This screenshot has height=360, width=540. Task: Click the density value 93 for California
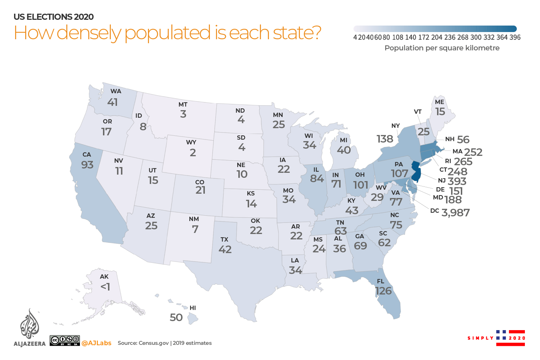(87, 165)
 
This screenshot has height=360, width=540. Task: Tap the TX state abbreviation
(224, 239)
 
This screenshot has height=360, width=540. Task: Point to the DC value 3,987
(455, 213)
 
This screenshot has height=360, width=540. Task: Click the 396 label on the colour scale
(515, 37)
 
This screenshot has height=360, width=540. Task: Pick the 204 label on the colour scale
(437, 37)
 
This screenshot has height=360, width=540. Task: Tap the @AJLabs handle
(96, 343)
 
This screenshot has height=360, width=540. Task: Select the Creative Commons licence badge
(65, 340)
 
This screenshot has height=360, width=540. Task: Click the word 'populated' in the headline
(167, 33)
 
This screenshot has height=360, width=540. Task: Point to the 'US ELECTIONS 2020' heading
(54, 17)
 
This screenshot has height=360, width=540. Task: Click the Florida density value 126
(383, 291)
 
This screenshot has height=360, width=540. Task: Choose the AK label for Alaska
(104, 276)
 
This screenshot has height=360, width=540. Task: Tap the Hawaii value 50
(176, 318)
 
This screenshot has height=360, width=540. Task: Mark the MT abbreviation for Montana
(183, 104)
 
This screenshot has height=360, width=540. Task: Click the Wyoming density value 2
(193, 153)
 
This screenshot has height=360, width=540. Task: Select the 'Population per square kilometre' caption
(442, 48)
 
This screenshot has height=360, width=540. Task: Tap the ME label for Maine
(440, 102)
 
